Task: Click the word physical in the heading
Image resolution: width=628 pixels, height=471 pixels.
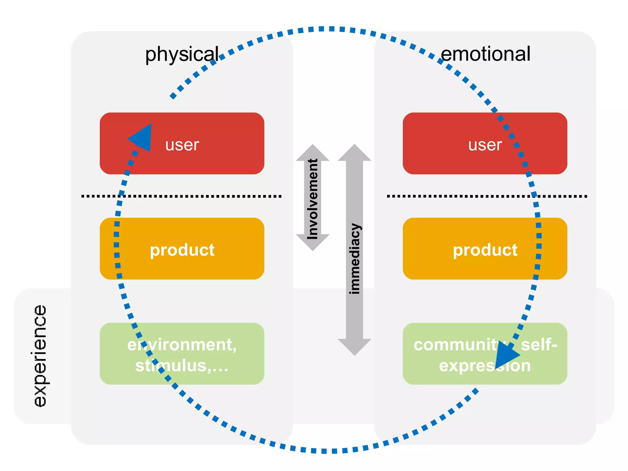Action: (x=182, y=55)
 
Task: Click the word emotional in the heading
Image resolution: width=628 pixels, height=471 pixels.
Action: (x=485, y=54)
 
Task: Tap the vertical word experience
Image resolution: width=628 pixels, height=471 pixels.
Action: (x=40, y=356)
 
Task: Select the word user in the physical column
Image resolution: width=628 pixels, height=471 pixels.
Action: (x=182, y=145)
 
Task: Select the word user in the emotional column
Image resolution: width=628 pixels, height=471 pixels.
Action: (x=485, y=145)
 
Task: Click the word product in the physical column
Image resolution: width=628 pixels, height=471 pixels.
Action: (x=182, y=250)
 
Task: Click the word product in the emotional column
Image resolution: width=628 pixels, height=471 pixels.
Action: (x=485, y=250)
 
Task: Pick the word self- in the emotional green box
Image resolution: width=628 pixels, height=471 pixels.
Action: (x=539, y=345)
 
